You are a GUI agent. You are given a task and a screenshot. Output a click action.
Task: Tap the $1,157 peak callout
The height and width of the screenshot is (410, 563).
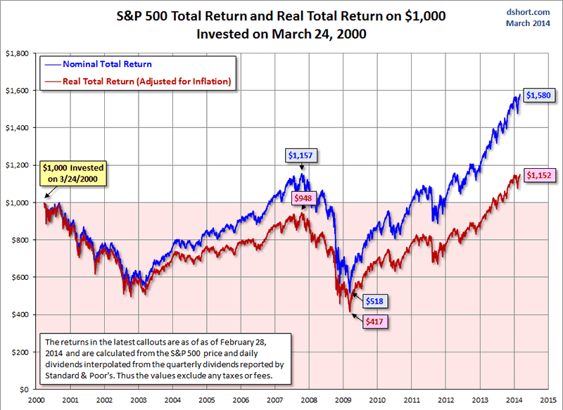301,154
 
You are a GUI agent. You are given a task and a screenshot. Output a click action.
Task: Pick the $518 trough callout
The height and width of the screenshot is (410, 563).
377,300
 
